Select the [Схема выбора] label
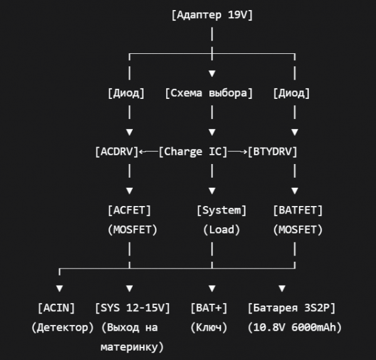pos(209,93)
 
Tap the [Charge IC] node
pos(192,152)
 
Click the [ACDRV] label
pos(117,152)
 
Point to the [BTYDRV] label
pos(273,152)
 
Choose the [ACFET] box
pos(129,210)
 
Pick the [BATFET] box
pos(298,210)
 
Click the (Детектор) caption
pos(62,327)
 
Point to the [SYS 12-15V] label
pos(132,307)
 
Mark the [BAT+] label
pos(209,307)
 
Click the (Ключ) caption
pos(209,327)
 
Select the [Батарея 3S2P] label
pos(291,307)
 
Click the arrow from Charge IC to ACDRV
pos(149,152)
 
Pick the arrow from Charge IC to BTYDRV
pos(237,152)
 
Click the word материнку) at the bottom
pos(132,346)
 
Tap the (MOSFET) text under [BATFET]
pos(298,229)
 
